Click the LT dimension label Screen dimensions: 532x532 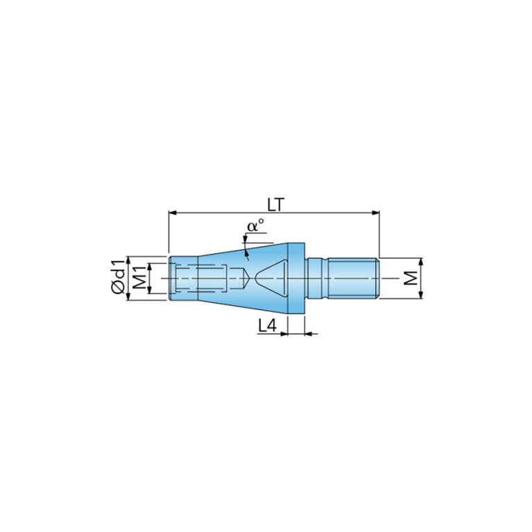pos(275,205)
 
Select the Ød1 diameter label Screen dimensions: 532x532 pos(118,277)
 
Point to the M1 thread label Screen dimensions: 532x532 pos(139,277)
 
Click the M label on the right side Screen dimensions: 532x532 pos(411,278)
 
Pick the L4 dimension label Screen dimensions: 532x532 pos(267,326)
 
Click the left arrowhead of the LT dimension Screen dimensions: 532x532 pos(173,213)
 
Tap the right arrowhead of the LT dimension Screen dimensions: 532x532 pos(375,213)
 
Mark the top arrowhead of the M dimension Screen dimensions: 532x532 pos(421,262)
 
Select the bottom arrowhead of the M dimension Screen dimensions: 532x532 pos(421,295)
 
